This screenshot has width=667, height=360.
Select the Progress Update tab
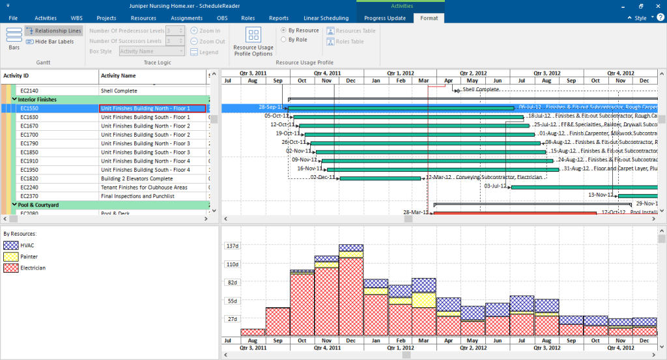pos(384,18)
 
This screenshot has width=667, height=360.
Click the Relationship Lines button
pos(54,31)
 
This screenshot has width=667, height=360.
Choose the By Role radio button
pos(283,40)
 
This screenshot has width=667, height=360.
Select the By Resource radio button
pos(283,31)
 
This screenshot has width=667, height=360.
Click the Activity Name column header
pos(119,76)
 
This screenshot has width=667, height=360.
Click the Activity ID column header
pos(17,76)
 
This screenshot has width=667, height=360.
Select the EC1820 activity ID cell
pos(29,178)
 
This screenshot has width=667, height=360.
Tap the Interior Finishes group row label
pos(38,100)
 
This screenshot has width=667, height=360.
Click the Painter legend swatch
pos(10,256)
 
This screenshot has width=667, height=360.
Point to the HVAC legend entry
pos(27,245)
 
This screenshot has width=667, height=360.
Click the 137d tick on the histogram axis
pos(233,246)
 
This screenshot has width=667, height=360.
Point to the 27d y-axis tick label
pos(233,319)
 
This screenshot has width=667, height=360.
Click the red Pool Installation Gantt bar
pos(515,212)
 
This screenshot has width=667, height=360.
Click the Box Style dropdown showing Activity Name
pos(151,51)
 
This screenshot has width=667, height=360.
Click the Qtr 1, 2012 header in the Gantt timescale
pos(399,73)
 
